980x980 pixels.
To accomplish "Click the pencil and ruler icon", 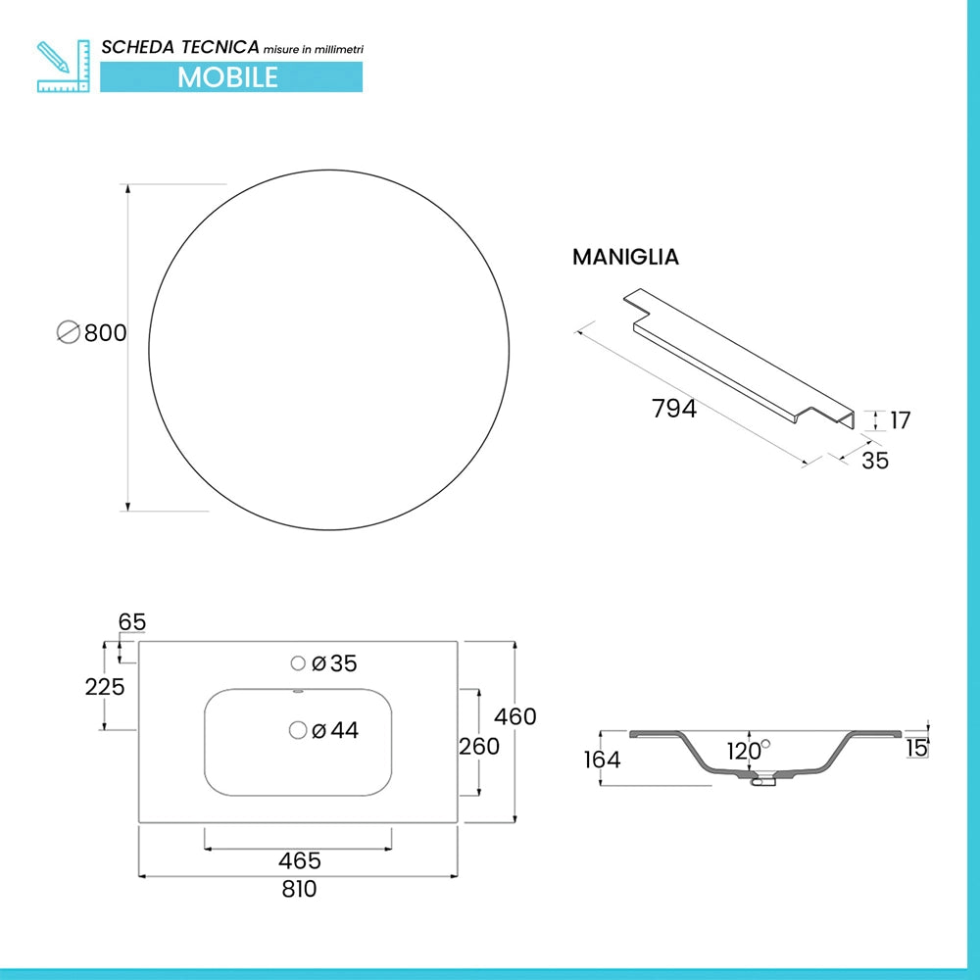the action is click(x=63, y=67).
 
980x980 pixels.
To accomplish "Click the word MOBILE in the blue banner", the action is click(x=227, y=77).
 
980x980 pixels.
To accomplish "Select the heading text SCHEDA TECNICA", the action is click(x=180, y=47).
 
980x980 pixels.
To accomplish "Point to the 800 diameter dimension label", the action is click(x=105, y=332).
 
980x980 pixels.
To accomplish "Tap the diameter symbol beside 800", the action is click(x=69, y=332).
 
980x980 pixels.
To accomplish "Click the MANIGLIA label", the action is click(x=625, y=257).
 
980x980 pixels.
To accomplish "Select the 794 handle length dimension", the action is click(x=674, y=409).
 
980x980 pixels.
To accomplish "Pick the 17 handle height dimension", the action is click(x=900, y=420).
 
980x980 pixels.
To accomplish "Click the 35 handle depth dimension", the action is click(x=875, y=461).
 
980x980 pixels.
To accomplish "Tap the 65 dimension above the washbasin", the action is click(x=132, y=622).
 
